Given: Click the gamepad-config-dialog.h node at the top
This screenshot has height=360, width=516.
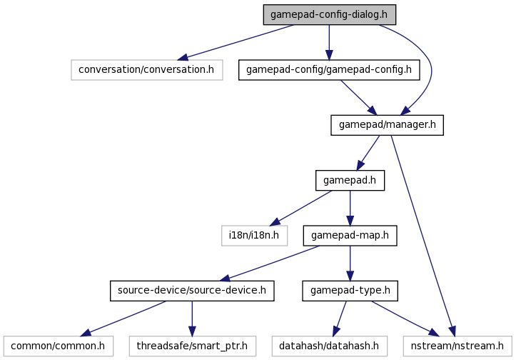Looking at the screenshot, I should (x=328, y=14).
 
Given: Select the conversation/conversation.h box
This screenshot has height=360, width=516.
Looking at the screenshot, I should (x=147, y=69).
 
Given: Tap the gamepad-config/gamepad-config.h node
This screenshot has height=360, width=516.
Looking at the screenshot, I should (x=328, y=69).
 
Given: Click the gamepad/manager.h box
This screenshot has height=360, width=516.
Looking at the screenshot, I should (x=388, y=125).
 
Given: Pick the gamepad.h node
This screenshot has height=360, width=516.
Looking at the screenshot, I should (x=350, y=181).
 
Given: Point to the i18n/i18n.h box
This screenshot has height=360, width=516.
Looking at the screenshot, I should (x=254, y=236).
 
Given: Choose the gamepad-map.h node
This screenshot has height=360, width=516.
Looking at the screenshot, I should (x=350, y=236).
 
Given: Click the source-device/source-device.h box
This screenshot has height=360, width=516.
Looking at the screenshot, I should (x=192, y=291).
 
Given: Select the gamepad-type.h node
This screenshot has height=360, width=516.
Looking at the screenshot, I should (x=350, y=291).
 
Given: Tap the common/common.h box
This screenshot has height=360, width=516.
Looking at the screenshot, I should (x=57, y=346).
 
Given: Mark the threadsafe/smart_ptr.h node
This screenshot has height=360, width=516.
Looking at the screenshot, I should (x=192, y=346).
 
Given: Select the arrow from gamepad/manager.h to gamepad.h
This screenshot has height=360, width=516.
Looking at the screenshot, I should (x=369, y=153).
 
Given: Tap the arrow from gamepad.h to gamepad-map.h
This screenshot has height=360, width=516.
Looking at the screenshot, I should (x=350, y=208).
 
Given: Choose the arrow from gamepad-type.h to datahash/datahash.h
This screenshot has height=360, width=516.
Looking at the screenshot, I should (x=340, y=318).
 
